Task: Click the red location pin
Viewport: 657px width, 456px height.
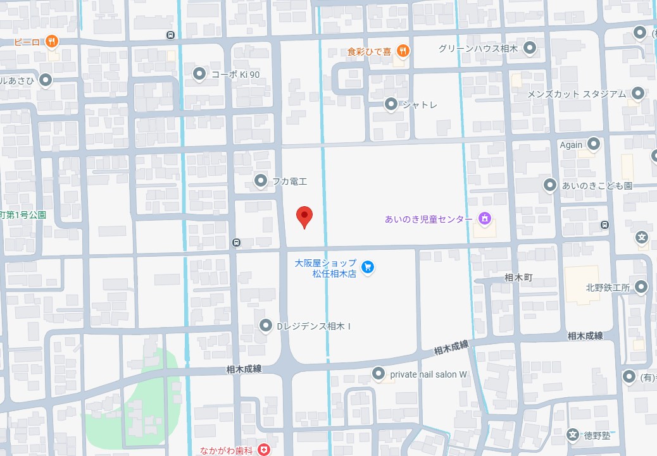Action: click(x=305, y=216)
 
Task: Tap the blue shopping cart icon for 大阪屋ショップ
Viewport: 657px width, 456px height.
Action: click(x=368, y=268)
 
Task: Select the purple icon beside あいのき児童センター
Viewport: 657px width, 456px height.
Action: click(x=485, y=219)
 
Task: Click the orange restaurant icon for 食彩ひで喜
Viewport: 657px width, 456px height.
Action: click(x=402, y=51)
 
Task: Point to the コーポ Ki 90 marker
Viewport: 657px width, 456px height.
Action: click(x=199, y=74)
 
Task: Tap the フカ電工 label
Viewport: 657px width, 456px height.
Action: click(x=289, y=182)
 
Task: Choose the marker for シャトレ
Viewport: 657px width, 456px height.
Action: click(x=391, y=104)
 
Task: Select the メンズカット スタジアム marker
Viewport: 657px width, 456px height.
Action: click(x=638, y=94)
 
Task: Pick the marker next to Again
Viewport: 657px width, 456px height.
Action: click(x=593, y=144)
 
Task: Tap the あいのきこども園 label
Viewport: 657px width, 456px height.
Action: click(x=597, y=186)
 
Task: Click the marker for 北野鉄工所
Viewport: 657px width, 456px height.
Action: click(x=641, y=287)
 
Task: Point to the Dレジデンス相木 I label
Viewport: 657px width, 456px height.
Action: click(x=315, y=326)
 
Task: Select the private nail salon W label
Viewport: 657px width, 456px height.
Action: click(x=429, y=374)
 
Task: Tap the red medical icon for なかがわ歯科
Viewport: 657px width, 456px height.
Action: click(x=263, y=450)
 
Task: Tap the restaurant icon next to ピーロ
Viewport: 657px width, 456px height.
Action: click(x=52, y=42)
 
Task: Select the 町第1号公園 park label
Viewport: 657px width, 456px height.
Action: click(x=23, y=215)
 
